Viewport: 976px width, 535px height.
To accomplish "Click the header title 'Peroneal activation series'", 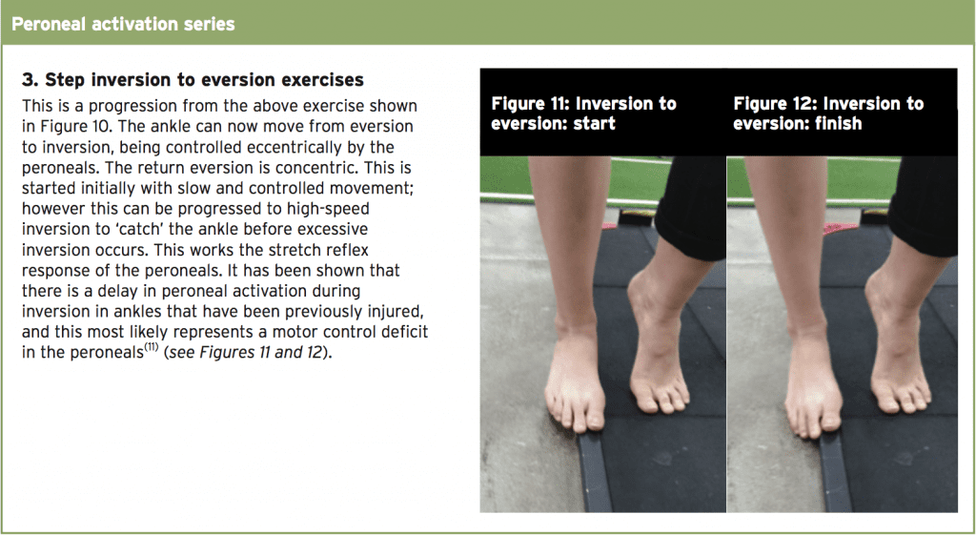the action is pyautogui.click(x=123, y=24).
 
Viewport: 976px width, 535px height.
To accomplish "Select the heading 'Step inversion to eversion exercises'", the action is pyautogui.click(x=204, y=80).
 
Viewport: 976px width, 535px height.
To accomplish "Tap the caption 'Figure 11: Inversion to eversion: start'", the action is pyautogui.click(x=583, y=113).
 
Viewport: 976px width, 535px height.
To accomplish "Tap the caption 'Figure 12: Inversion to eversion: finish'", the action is pyautogui.click(x=828, y=113).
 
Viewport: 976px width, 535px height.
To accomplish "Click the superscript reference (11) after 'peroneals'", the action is pyautogui.click(x=152, y=347).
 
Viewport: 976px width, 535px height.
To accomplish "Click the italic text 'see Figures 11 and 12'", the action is pyautogui.click(x=246, y=352).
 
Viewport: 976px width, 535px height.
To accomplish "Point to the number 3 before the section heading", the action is pyautogui.click(x=28, y=80).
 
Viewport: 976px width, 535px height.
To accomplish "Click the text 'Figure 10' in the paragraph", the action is pyautogui.click(x=76, y=126).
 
